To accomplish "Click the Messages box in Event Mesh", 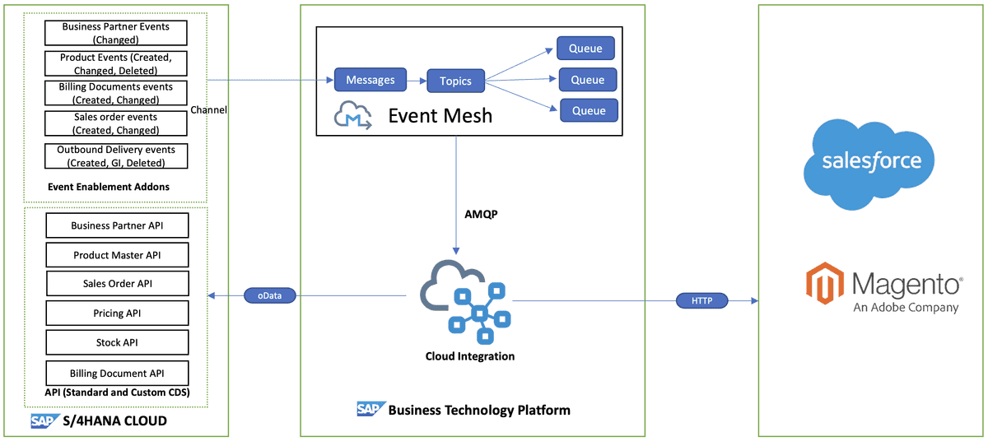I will [x=370, y=80].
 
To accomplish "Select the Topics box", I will [x=455, y=81].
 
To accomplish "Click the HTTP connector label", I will [x=701, y=301].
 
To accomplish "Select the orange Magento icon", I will [x=824, y=284].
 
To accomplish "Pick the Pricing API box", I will [x=117, y=313].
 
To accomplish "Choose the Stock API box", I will [x=117, y=342].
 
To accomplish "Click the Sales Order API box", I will [x=117, y=284].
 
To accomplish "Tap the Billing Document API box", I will [x=117, y=374].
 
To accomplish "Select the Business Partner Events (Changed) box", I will [x=116, y=33].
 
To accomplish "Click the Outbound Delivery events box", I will [x=116, y=156].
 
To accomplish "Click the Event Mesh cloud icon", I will [x=353, y=115].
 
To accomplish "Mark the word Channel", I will [x=208, y=110].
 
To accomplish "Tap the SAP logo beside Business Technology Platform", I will [x=369, y=409].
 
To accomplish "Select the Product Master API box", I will [x=117, y=255].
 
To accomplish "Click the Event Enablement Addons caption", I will [x=109, y=187].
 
